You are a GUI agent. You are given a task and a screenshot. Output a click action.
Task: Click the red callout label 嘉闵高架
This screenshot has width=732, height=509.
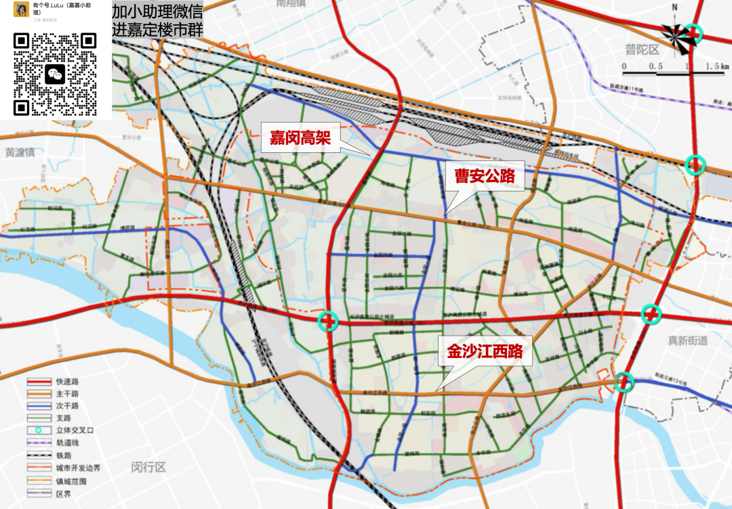pyautogui.click(x=300, y=139)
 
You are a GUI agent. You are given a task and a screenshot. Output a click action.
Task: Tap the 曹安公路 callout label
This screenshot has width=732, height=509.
pyautogui.click(x=485, y=177)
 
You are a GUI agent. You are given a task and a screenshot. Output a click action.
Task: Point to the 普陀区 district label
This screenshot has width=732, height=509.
pyautogui.click(x=643, y=49)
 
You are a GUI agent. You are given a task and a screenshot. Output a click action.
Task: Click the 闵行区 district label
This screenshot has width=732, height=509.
pyautogui.click(x=148, y=467)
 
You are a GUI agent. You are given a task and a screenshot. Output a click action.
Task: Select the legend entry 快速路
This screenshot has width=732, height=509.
pyautogui.click(x=67, y=382)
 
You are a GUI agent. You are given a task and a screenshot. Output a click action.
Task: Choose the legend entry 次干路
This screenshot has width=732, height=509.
pyautogui.click(x=67, y=405)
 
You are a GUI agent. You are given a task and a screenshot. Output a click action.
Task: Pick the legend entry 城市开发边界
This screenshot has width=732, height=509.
pyautogui.click(x=77, y=468)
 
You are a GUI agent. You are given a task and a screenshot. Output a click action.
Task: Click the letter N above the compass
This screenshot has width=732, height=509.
pyautogui.click(x=674, y=7)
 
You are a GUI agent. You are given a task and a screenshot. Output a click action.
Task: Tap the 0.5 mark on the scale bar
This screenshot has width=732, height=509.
pyautogui.click(x=655, y=66)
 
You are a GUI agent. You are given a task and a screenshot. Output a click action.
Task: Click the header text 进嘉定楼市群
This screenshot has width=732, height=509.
pyautogui.click(x=157, y=29)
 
